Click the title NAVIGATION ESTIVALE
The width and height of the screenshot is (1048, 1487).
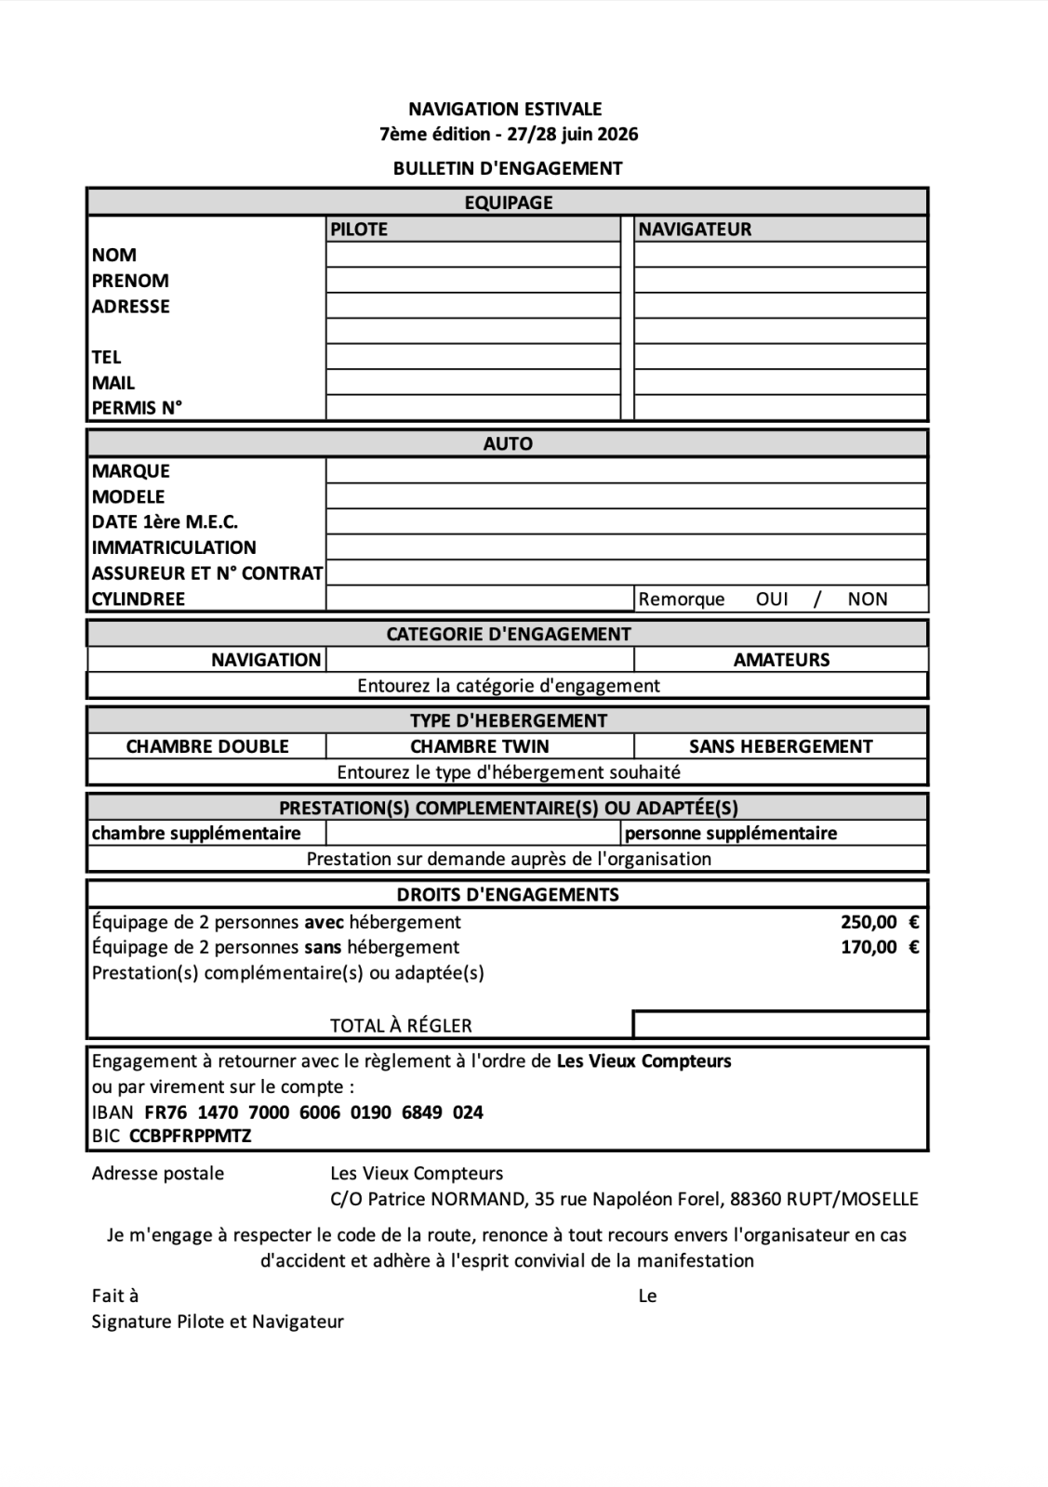coord(505,109)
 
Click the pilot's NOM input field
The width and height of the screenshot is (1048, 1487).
coord(472,255)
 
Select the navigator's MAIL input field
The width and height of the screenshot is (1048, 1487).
coord(780,382)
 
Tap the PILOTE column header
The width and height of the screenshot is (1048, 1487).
coord(359,229)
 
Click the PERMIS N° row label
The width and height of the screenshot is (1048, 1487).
coord(137,407)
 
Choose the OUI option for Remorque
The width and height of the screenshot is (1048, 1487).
coord(772,599)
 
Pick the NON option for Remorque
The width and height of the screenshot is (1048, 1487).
coord(867,599)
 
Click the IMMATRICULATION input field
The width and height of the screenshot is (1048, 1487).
coord(626,547)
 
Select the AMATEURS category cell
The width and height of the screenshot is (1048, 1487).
coord(781,660)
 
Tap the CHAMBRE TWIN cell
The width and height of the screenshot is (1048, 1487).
coord(479,746)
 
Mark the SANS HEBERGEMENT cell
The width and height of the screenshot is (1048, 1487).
coord(780,746)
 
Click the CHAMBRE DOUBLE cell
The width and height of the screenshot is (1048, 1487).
coord(206,746)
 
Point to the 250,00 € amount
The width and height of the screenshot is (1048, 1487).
coord(879,922)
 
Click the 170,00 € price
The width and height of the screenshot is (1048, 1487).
coord(879,947)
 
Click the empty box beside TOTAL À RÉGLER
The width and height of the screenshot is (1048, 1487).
coord(780,1025)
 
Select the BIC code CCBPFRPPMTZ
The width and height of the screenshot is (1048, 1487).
coord(190,1136)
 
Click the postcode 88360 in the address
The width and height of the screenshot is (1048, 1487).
coord(755,1199)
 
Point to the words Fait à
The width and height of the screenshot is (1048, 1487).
coord(115,1296)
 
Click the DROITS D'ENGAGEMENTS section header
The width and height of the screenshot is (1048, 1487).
coord(507,895)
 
